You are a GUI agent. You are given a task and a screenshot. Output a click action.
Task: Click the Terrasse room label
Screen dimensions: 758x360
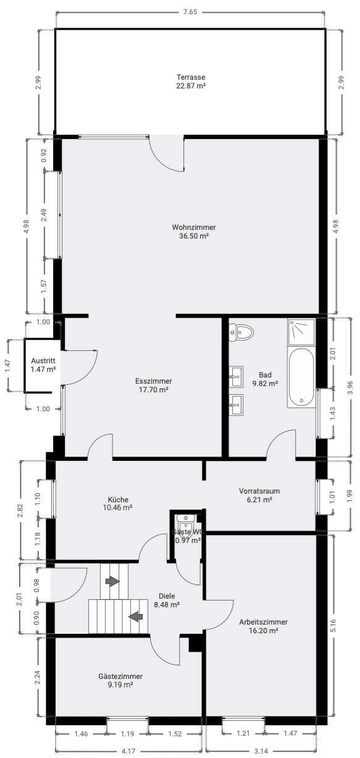(x=190, y=77)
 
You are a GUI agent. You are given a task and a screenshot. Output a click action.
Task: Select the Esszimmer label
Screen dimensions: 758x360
(x=153, y=381)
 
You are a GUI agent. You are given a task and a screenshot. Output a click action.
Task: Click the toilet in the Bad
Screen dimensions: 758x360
(x=241, y=333)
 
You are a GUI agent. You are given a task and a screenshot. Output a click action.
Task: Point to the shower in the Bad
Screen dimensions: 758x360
(x=301, y=332)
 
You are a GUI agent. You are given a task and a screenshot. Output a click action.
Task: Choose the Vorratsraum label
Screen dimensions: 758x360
(x=259, y=492)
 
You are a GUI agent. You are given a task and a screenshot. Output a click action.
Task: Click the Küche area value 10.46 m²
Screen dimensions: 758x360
(x=118, y=508)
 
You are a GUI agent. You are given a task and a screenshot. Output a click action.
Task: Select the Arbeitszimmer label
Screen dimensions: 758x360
(x=263, y=622)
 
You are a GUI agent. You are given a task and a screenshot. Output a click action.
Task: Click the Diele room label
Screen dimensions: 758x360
(x=167, y=596)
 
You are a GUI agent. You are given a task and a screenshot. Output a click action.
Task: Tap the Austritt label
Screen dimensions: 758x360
(x=43, y=361)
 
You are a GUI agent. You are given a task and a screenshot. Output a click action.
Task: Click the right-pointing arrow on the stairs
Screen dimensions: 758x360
(x=112, y=582)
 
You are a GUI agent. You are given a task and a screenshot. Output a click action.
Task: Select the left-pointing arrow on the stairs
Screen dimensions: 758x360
(x=135, y=615)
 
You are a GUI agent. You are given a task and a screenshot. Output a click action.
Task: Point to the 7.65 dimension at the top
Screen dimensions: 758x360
(x=190, y=12)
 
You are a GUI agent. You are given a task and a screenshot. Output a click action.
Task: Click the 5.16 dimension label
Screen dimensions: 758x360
(x=333, y=625)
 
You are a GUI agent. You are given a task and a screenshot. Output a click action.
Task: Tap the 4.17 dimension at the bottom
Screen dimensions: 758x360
(x=128, y=751)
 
